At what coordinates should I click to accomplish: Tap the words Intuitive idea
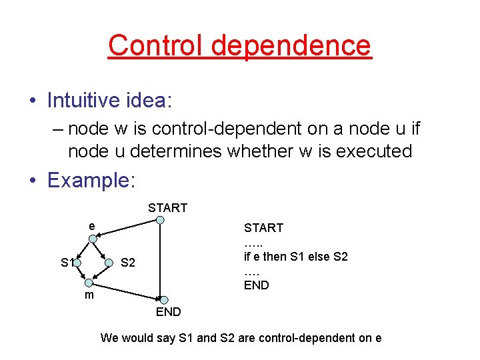coord(109,100)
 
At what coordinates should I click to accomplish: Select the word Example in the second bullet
coord(89,180)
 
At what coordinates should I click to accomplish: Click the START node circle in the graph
coord(160,221)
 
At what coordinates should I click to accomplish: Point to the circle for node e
coord(93,238)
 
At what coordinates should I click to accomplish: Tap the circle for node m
coord(88,283)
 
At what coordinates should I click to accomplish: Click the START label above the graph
coord(167,208)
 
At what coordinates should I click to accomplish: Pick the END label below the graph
coord(168,312)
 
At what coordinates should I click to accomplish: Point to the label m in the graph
coord(88,295)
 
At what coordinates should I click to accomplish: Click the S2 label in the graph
coord(127,263)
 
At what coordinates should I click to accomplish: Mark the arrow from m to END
coord(127,291)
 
